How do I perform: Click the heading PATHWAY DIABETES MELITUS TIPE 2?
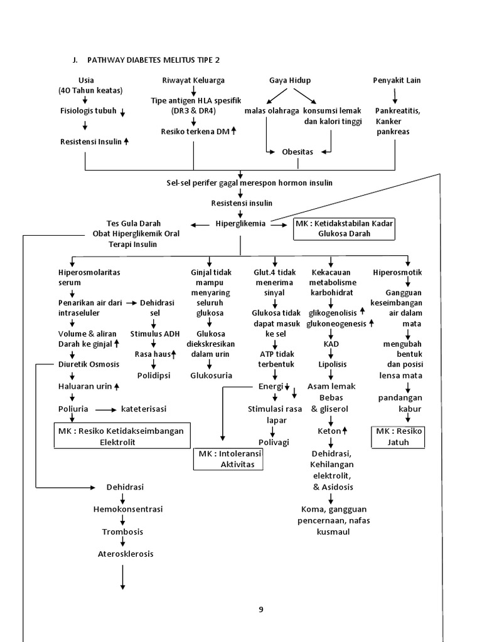[151, 60]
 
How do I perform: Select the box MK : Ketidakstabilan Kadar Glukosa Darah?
[345, 229]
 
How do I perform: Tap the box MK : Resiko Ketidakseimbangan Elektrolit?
[122, 436]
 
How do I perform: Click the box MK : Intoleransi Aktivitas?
[228, 459]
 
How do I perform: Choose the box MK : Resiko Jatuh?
[400, 436]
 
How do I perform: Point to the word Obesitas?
[297, 152]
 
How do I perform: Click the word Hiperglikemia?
[240, 223]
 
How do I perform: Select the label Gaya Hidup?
[290, 80]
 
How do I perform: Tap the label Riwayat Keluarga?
[193, 80]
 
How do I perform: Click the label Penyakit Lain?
[397, 80]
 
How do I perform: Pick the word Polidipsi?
[154, 376]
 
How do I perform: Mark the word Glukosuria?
[211, 376]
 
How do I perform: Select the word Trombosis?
[123, 532]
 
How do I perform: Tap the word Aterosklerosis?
[126, 554]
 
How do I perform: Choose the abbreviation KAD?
[332, 345]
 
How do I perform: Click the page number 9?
[261, 609]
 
